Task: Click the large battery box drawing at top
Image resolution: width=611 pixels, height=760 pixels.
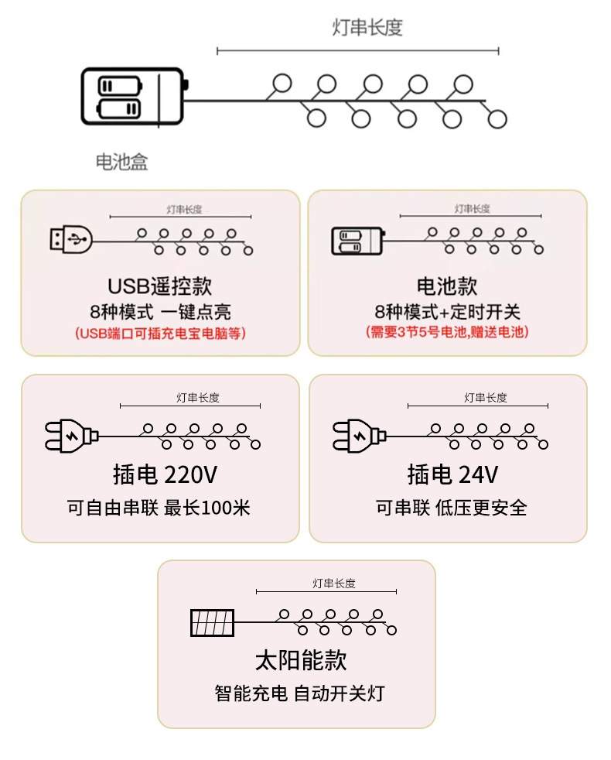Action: (x=133, y=97)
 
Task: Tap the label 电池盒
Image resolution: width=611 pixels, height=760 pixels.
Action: (x=121, y=162)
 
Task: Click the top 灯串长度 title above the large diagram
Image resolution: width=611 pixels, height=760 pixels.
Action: (x=367, y=28)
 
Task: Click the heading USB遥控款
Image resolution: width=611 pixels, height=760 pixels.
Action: (x=159, y=286)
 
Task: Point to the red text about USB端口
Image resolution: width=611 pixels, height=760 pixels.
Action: (x=160, y=334)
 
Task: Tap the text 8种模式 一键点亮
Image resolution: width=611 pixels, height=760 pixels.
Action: (x=160, y=312)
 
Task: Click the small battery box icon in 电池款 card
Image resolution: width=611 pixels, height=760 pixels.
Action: (x=358, y=241)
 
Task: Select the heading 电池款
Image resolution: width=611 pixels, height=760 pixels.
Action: (x=447, y=286)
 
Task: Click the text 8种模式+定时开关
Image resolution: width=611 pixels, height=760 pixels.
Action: (x=447, y=312)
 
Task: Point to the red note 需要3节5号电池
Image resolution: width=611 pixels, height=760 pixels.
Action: (x=447, y=332)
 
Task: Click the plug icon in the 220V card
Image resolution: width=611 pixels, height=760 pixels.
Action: (x=71, y=435)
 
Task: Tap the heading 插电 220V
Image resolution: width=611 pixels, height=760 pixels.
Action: (x=160, y=474)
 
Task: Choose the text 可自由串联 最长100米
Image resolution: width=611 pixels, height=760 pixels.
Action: (x=159, y=508)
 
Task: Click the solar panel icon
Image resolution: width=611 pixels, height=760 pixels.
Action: (x=212, y=622)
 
